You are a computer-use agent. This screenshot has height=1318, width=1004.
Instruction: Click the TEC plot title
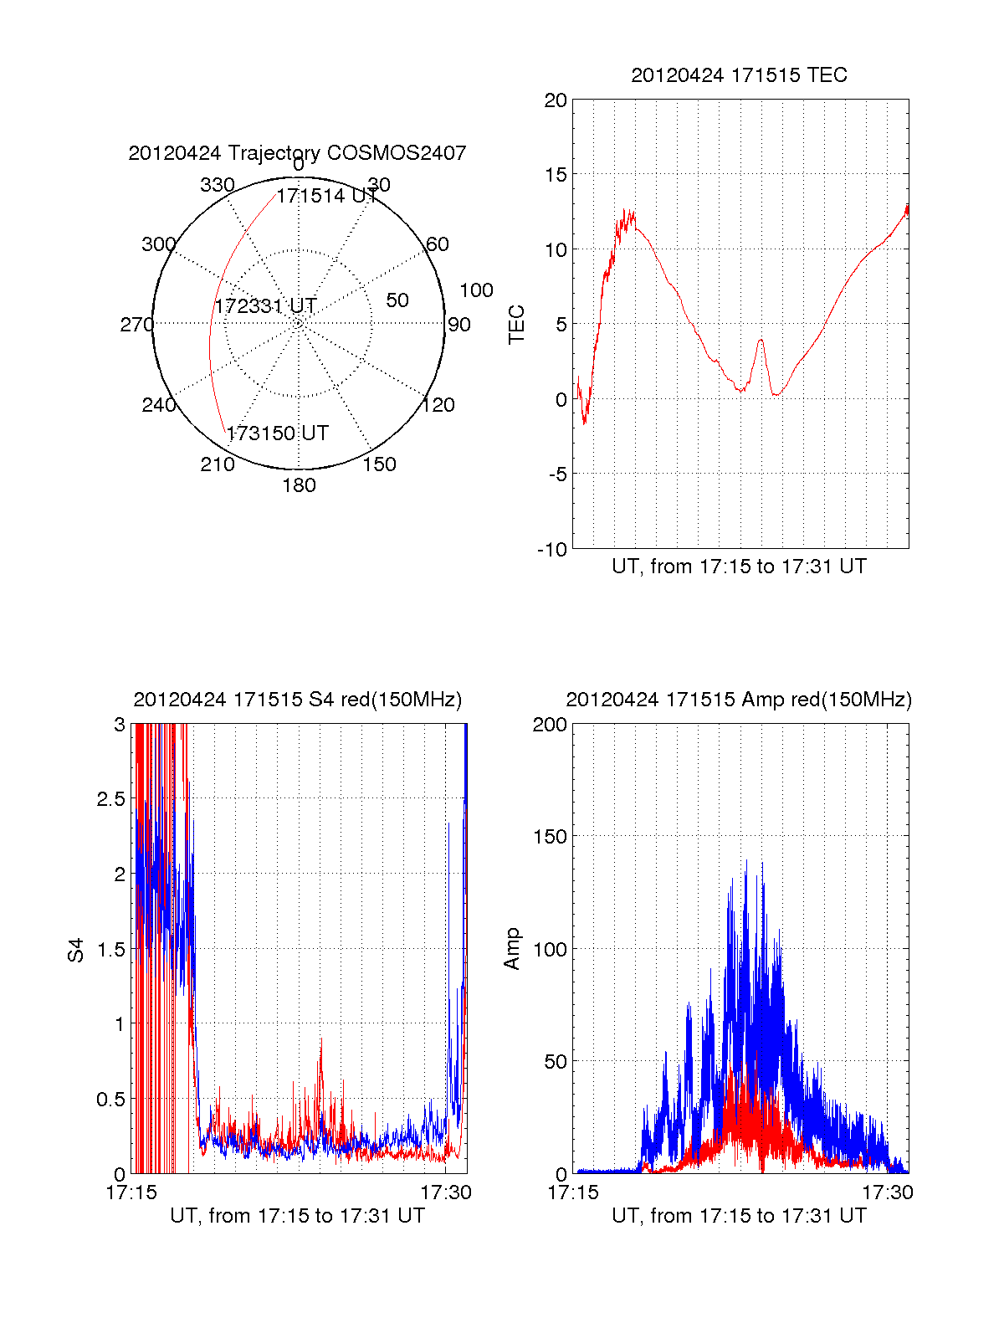click(739, 75)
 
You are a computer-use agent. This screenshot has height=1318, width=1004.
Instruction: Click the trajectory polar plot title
click(297, 153)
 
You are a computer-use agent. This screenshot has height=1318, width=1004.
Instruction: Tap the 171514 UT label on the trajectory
click(327, 196)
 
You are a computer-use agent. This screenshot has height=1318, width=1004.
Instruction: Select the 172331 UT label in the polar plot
click(265, 306)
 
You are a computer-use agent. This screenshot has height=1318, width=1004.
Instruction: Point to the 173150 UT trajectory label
click(277, 433)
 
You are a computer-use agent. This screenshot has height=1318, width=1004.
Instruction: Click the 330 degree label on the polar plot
click(217, 185)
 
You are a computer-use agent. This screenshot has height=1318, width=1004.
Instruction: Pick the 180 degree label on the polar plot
click(299, 485)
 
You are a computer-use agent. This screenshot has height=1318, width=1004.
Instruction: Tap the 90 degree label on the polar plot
click(459, 325)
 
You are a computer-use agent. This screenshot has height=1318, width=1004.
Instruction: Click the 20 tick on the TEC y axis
click(556, 101)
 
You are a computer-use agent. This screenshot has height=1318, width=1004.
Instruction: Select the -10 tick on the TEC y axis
click(552, 549)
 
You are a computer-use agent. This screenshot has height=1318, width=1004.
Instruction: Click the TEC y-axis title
click(516, 325)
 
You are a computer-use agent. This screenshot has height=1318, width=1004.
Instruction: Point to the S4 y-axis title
click(76, 950)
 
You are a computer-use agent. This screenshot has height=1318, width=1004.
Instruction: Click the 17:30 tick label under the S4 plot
click(446, 1192)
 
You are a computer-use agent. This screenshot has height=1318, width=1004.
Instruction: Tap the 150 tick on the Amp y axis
click(550, 837)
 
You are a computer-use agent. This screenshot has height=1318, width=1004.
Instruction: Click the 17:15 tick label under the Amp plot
click(573, 1192)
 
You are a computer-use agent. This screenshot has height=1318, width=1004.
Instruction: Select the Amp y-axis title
click(511, 949)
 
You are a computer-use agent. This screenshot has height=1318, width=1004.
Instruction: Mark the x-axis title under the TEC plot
click(739, 567)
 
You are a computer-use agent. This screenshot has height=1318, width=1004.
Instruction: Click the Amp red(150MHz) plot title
click(739, 700)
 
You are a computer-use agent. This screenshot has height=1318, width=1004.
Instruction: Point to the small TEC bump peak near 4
click(761, 340)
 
